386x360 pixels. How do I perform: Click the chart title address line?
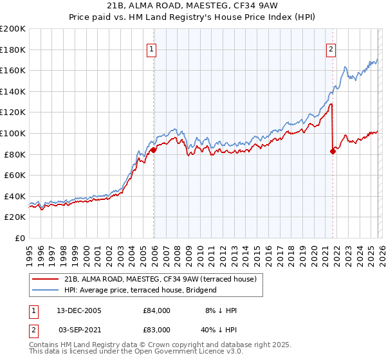[192, 6]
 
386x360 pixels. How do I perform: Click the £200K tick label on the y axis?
[12, 29]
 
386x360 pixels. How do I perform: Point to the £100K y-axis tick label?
[12, 133]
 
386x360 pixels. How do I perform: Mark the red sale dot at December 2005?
[154, 150]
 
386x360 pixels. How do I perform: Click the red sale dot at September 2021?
[333, 151]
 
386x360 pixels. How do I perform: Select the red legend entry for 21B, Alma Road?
[160, 279]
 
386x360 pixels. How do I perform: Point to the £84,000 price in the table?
[156, 310]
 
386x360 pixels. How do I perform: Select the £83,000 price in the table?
[156, 328]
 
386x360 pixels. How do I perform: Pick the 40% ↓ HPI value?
[219, 328]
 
